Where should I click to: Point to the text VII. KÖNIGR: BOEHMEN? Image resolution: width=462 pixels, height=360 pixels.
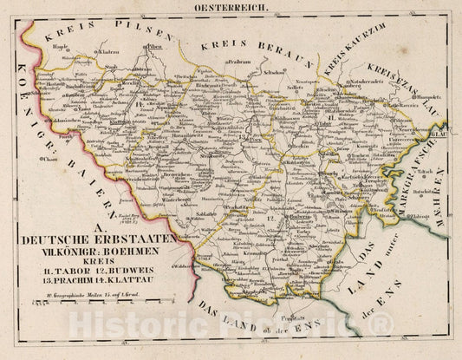click(101, 249)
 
